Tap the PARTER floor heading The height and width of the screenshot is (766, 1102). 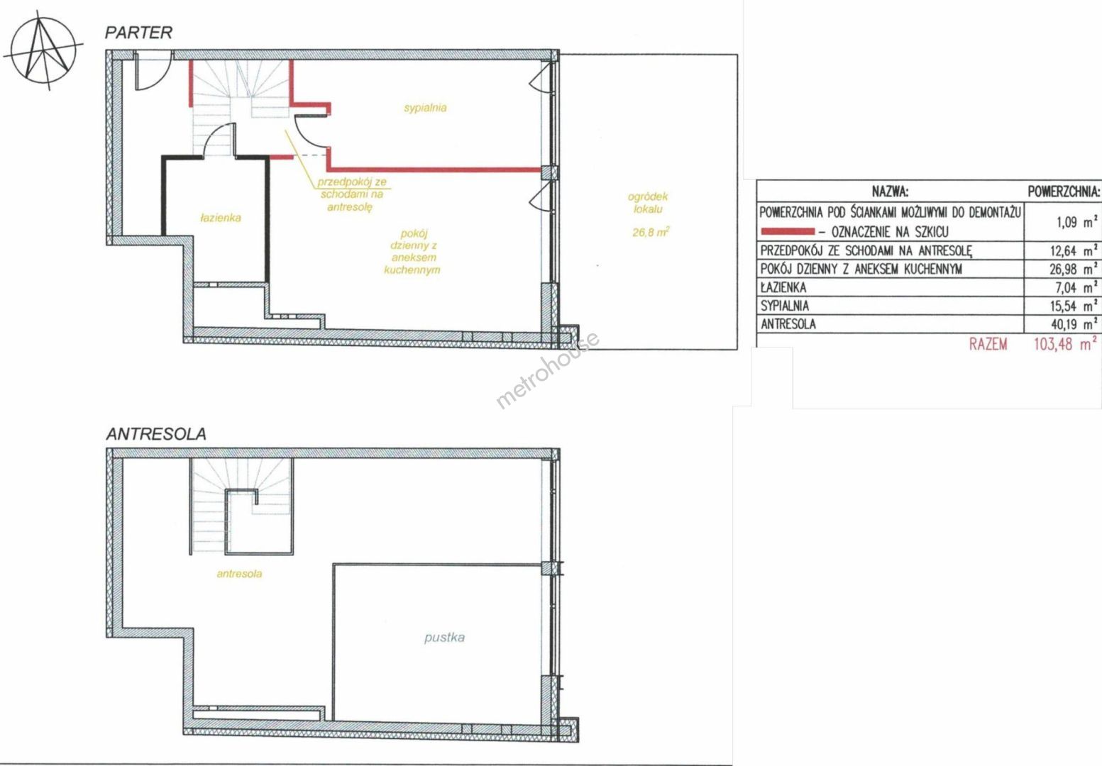(x=138, y=33)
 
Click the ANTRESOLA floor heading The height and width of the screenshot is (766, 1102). (x=156, y=434)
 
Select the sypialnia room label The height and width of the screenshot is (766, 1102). (x=425, y=108)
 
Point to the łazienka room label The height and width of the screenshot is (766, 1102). (x=221, y=218)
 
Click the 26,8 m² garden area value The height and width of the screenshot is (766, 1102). (x=651, y=232)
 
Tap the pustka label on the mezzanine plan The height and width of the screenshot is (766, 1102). (x=444, y=638)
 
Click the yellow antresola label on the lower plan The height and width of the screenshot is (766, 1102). (x=239, y=573)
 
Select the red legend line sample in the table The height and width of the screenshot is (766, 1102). (x=787, y=231)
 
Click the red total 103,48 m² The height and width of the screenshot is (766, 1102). (x=1065, y=344)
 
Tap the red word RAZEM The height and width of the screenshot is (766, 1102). (x=988, y=344)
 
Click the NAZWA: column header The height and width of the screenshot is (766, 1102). (x=891, y=191)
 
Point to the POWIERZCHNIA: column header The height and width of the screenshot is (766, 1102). (x=1064, y=191)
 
